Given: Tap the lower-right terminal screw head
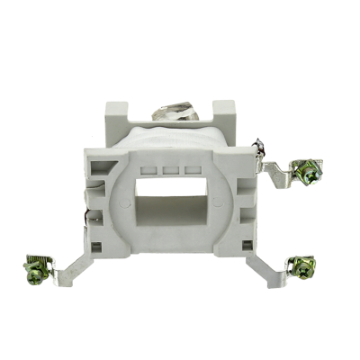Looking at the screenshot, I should [x=292, y=265].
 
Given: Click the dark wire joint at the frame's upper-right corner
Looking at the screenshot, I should [x=257, y=145].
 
